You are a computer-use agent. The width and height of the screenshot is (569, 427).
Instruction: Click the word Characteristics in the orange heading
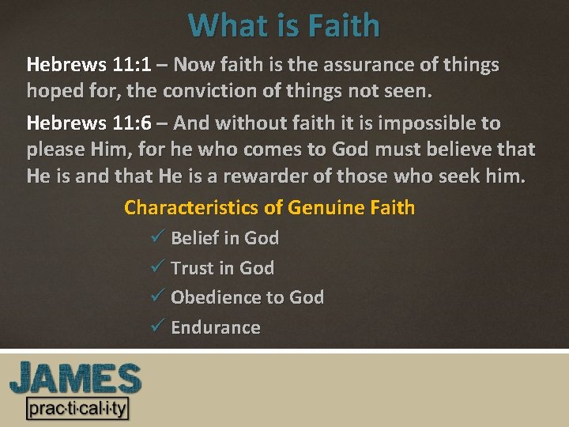point(192,208)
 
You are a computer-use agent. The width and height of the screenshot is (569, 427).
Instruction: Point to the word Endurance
point(216,327)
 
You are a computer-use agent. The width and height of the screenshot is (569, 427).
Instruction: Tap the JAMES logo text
point(75,379)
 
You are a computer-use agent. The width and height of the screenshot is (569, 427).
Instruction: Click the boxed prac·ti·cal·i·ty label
point(77,409)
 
